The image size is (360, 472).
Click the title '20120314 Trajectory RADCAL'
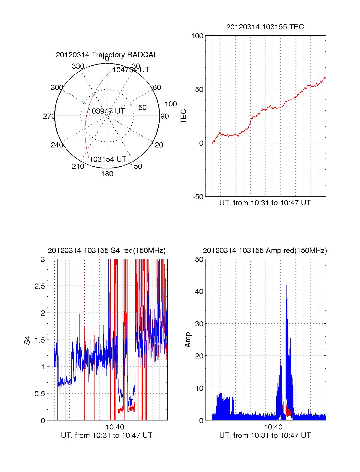point(106,55)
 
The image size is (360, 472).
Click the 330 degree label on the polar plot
point(78,66)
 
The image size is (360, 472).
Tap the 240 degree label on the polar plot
point(57,145)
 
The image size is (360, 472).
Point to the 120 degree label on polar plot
point(157,145)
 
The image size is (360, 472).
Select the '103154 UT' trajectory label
point(108,159)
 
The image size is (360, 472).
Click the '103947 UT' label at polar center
point(106,111)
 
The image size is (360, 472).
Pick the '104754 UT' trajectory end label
point(131,70)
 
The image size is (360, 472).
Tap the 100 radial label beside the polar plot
point(171,104)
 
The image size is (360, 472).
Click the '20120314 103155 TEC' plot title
point(265,27)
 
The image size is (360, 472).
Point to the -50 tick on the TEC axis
point(198,197)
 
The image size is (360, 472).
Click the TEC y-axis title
point(183,116)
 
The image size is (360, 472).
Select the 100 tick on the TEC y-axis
point(197,36)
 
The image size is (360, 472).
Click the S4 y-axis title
point(27,340)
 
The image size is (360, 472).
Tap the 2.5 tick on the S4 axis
point(40,286)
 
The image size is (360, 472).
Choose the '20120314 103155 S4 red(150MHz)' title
point(106,251)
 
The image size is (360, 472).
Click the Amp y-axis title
point(188,340)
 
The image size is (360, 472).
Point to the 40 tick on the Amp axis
point(199,291)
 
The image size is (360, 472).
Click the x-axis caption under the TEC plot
point(265,203)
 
